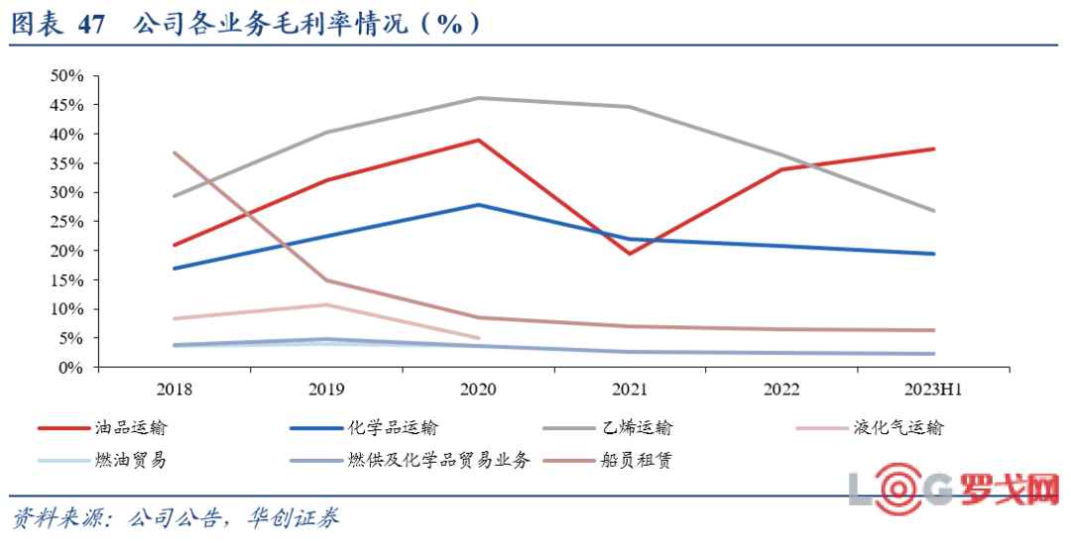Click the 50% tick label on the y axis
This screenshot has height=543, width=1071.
66,75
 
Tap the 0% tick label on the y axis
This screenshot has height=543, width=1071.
70,368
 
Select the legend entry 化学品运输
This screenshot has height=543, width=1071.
393,428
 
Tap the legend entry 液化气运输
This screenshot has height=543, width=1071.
897,428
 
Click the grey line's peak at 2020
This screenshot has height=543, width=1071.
479,98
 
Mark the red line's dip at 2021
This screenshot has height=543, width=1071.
631,254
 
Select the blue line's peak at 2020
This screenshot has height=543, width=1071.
479,205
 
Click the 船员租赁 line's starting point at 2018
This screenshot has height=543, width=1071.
175,153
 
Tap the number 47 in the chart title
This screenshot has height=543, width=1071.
89,25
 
